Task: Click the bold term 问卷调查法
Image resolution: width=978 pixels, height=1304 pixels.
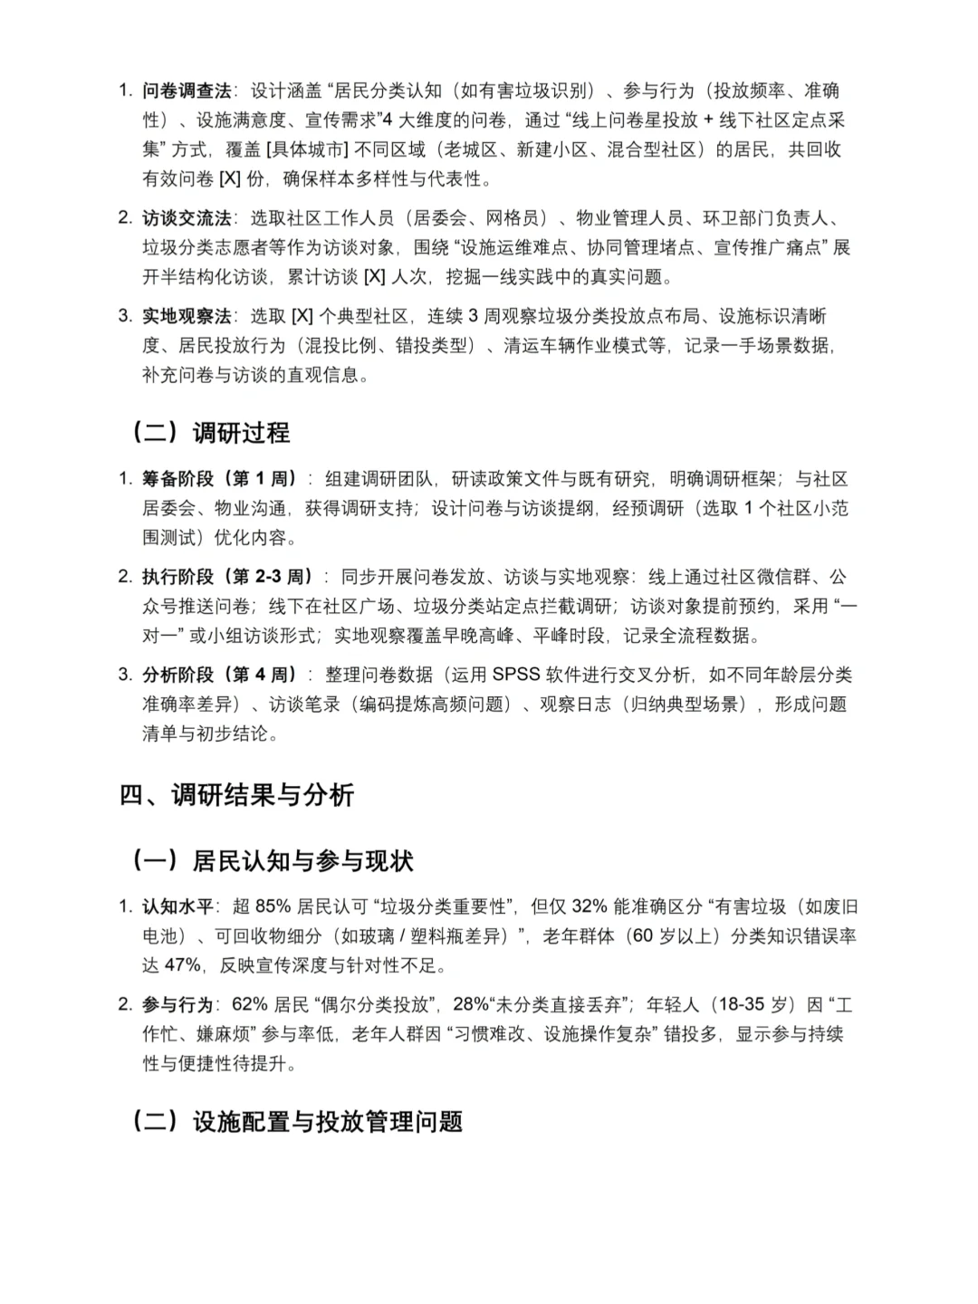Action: [187, 91]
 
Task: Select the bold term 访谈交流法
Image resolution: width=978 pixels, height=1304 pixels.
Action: [187, 218]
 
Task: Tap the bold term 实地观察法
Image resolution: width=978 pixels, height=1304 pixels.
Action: [187, 316]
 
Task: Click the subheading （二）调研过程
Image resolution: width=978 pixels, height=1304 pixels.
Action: [211, 433]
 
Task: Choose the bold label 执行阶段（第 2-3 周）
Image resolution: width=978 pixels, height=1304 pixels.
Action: [227, 577]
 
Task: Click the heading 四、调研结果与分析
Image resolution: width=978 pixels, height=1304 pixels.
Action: [236, 795]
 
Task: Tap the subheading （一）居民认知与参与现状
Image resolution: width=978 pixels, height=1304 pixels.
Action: [273, 860]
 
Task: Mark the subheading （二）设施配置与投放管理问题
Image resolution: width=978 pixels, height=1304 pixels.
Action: [298, 1121]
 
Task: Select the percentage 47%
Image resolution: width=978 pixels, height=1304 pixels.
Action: [182, 965]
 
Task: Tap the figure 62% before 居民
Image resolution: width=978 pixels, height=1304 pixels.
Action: [250, 1004]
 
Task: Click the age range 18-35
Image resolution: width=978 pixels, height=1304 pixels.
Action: [739, 1004]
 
